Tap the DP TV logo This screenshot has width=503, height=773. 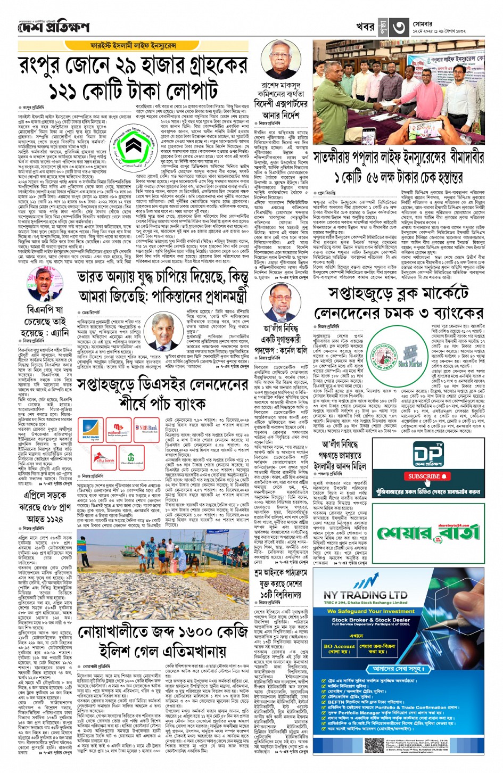pyautogui.click(x=428, y=454)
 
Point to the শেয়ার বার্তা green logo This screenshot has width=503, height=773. pyautogui.click(x=428, y=532)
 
